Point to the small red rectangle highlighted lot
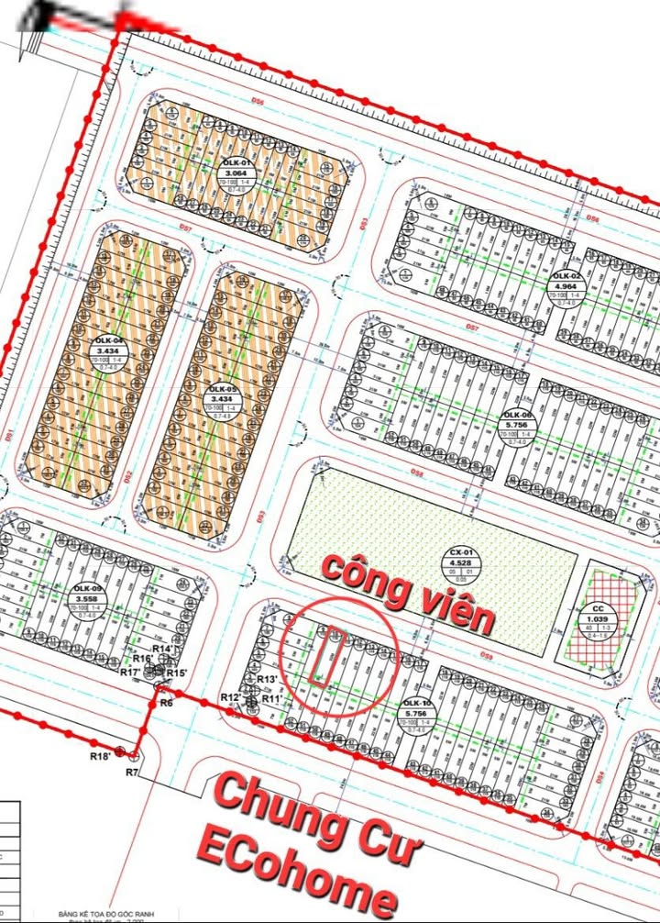click(x=326, y=656)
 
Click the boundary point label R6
click(x=166, y=702)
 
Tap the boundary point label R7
click(x=132, y=773)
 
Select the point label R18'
click(x=100, y=755)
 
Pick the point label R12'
click(x=230, y=699)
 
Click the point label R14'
click(x=163, y=649)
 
